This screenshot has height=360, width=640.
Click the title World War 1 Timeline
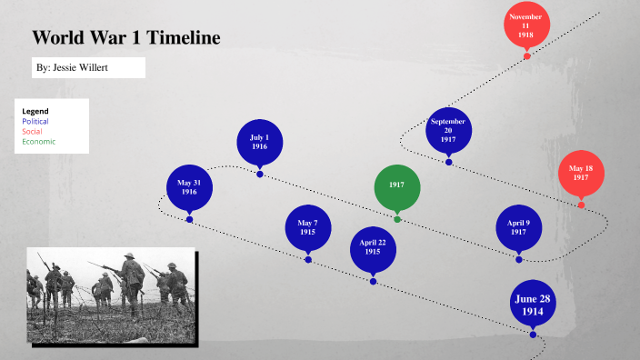coord(126,38)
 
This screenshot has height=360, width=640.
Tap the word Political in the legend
coord(35,121)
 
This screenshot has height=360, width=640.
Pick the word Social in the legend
coord(32,131)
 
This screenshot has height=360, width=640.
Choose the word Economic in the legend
coord(39,141)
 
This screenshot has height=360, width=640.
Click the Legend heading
coord(35,111)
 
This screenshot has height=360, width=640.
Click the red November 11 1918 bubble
coord(526,25)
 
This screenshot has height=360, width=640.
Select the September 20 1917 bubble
coord(448,130)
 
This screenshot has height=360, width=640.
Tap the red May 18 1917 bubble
coord(581,173)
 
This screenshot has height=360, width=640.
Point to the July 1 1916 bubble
coord(259,141)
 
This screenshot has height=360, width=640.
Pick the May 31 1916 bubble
coord(189,187)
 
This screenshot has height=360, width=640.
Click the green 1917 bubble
coord(397,185)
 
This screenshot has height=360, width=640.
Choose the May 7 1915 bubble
coord(308,227)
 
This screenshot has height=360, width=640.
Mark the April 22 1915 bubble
coord(373,248)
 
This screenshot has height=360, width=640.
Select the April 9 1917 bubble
coord(518,227)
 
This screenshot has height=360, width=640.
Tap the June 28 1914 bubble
coord(533,305)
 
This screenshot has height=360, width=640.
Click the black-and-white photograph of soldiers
coord(111,295)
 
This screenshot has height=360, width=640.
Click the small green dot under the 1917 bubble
coord(397,219)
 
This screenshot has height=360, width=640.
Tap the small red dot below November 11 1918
coord(526,56)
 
